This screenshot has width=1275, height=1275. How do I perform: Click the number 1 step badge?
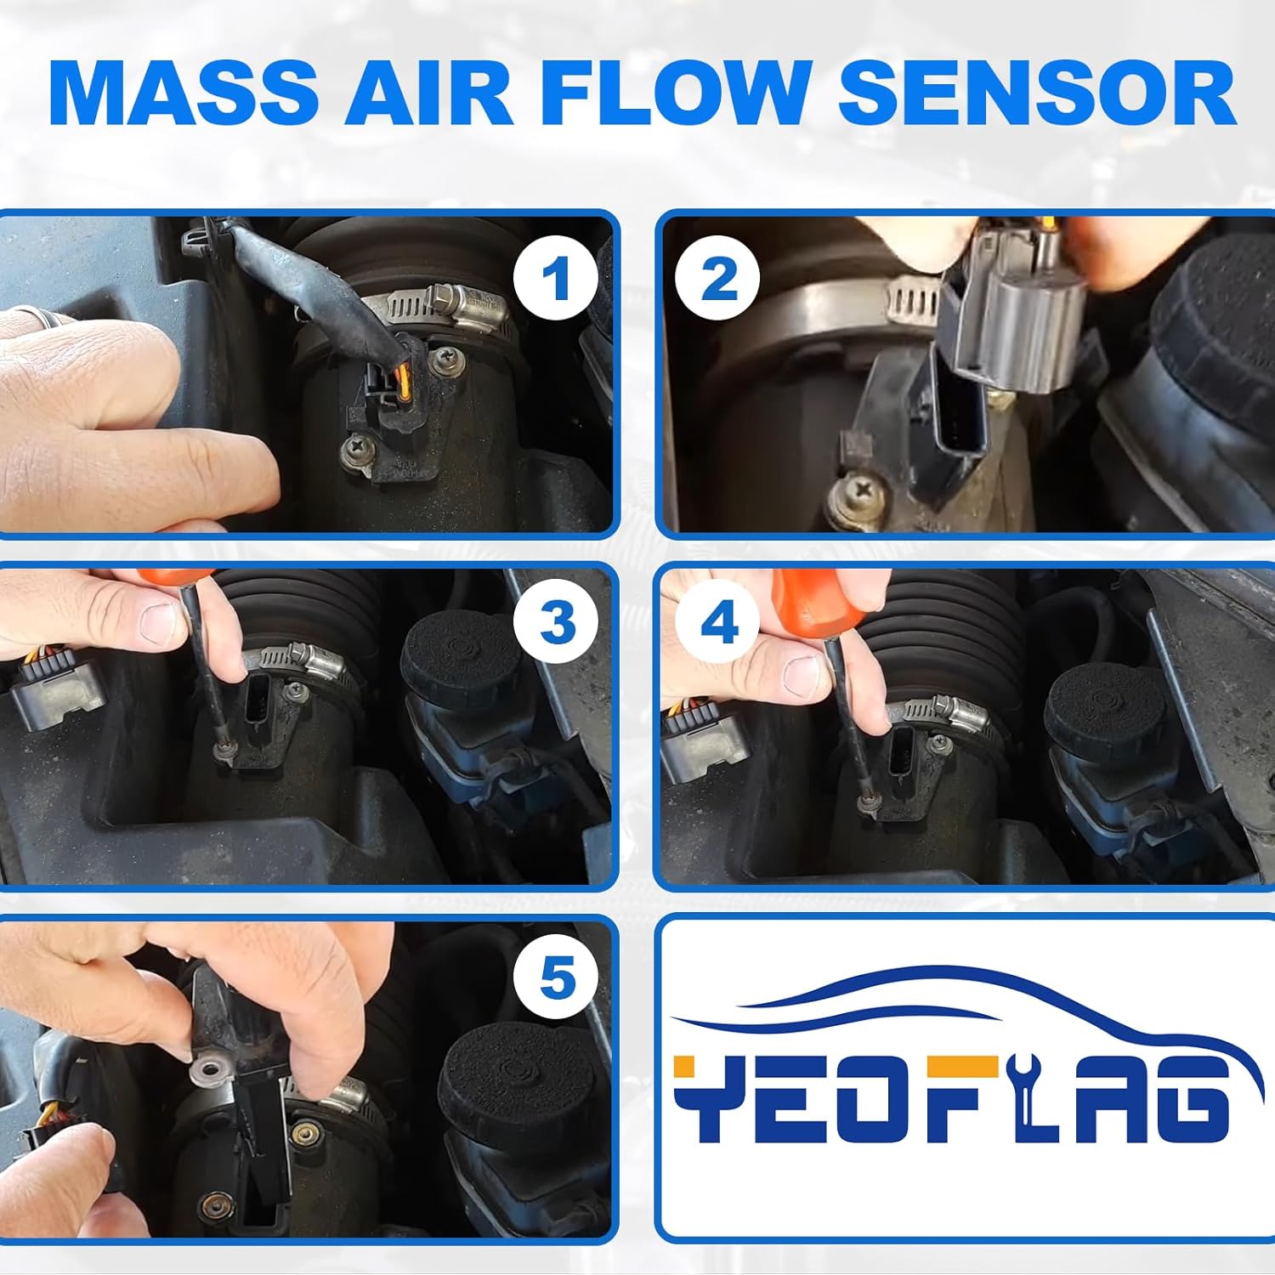pyautogui.click(x=555, y=279)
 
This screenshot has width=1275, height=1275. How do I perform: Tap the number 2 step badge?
pyautogui.click(x=718, y=279)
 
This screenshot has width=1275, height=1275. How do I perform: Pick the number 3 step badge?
pyautogui.click(x=557, y=624)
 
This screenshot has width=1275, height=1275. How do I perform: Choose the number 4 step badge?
pyautogui.click(x=718, y=624)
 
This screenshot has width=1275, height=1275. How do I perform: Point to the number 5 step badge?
pyautogui.click(x=557, y=977)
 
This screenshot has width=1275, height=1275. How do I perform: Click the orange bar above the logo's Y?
pyautogui.click(x=695, y=1067)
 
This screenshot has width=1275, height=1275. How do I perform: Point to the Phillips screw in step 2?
pyautogui.click(x=859, y=490)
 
